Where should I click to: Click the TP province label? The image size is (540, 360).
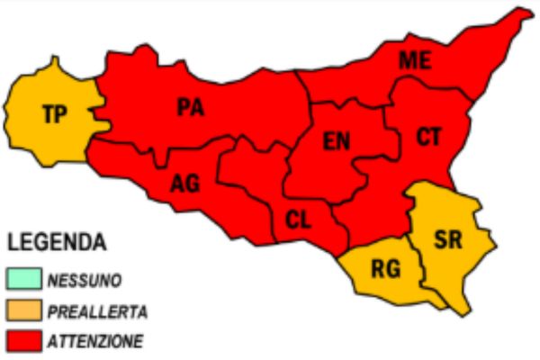55,114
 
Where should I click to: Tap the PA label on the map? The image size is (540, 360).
190,108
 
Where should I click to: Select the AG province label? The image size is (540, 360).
184,183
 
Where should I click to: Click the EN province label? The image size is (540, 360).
337,142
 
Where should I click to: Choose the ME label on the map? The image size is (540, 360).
415,60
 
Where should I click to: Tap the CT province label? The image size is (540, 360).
429,137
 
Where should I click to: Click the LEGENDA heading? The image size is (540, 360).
57,242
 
